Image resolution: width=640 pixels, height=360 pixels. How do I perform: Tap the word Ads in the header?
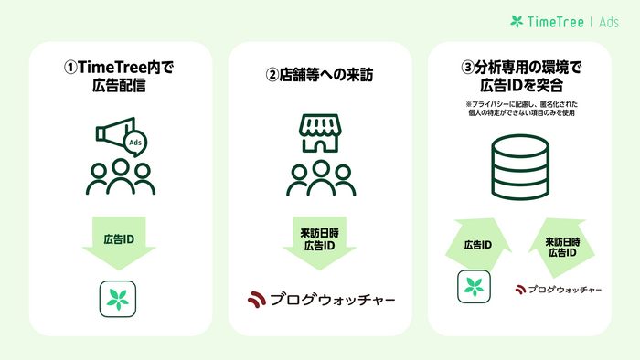coord(610,22)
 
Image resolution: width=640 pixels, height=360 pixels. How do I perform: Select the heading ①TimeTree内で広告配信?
coord(118,77)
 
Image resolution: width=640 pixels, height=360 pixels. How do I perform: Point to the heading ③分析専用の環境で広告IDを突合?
coord(518,77)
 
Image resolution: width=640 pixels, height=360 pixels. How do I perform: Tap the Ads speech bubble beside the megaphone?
coord(134,144)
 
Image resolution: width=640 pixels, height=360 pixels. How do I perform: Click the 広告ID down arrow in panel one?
coord(118,245)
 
